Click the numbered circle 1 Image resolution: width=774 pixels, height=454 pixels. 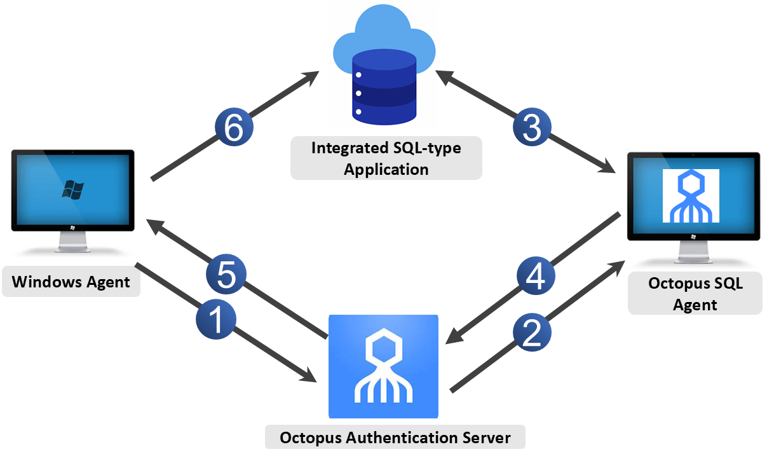pos(216,319)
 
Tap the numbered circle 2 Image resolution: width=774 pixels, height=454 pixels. pos(532,333)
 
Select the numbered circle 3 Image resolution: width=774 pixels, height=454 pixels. pos(532,127)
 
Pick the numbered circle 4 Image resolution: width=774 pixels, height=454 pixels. pos(536,275)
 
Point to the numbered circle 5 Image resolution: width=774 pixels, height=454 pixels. pos(226,275)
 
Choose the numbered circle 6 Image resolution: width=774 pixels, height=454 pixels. pos(234,127)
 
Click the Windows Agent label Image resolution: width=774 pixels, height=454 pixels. pos(71,282)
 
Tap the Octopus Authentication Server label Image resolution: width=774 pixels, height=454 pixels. pos(395,437)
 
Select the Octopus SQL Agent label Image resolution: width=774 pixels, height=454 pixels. pos(695,294)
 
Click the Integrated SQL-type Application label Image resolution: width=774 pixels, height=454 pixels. pos(386,158)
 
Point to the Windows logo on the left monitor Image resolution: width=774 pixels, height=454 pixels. pos(72,189)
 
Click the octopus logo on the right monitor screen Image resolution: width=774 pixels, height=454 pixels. pos(691,196)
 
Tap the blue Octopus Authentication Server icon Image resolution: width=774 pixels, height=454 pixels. pos(384,366)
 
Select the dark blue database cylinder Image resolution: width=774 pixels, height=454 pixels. pos(384,86)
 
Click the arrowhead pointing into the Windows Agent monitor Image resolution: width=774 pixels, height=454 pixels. pos(155,226)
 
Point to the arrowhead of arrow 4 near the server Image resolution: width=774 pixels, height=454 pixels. pos(454,336)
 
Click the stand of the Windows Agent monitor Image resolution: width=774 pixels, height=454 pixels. pos(72,242)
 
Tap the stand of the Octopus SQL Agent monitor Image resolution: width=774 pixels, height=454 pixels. pos(694,252)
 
